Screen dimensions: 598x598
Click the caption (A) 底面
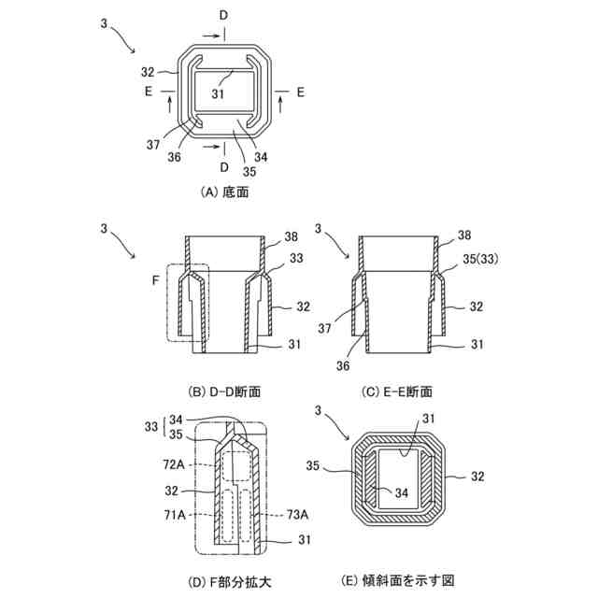pyautogui.click(x=224, y=191)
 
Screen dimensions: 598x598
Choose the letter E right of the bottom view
pyautogui.click(x=300, y=92)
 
